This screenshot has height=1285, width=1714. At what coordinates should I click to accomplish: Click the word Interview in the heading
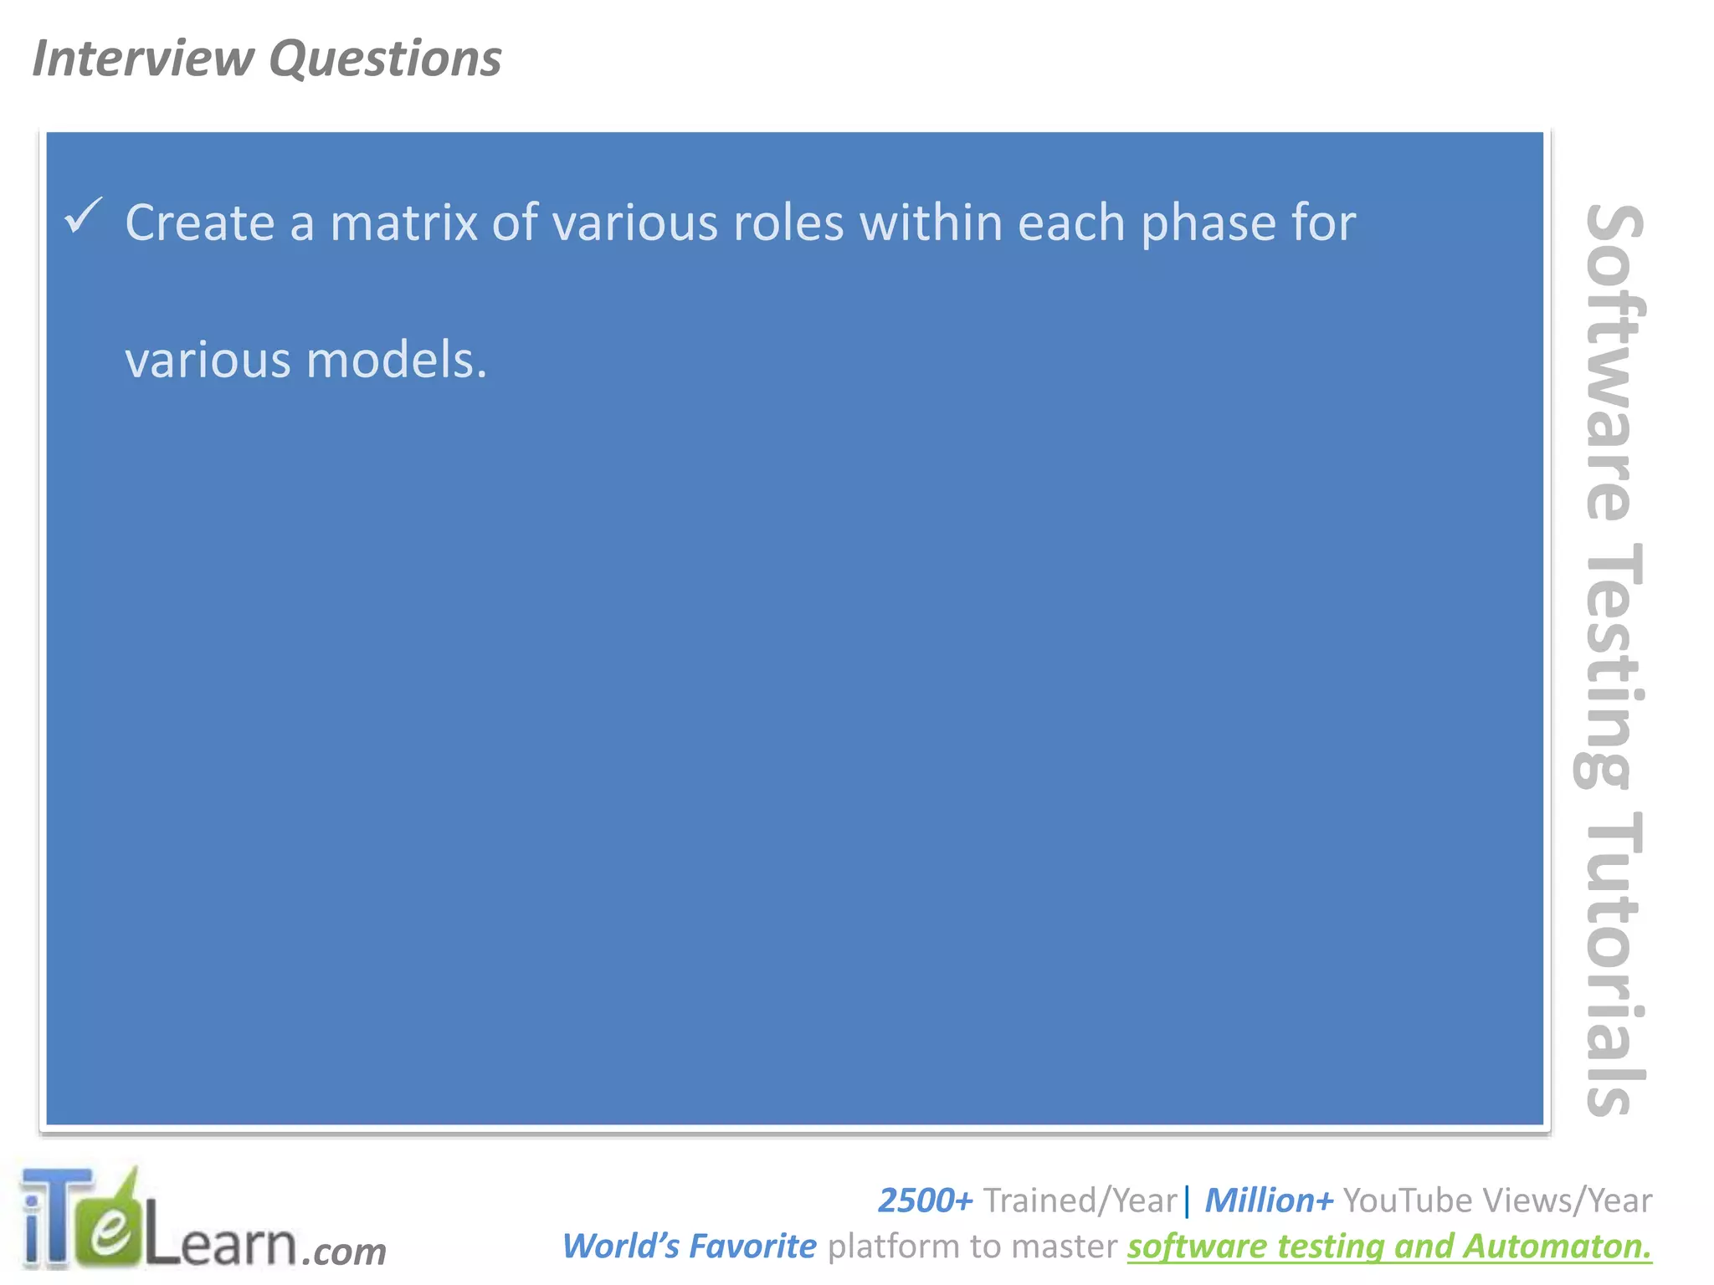(142, 59)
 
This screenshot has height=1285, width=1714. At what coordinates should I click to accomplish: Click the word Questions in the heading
(385, 59)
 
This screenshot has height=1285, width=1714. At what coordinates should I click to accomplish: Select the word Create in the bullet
(200, 223)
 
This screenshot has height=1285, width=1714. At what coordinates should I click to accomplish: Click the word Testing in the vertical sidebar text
(1611, 665)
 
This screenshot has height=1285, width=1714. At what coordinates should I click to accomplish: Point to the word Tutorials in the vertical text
(1611, 962)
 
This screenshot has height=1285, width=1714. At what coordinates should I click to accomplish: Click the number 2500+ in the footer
(925, 1201)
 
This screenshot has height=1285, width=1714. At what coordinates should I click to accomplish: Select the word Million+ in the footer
(1269, 1201)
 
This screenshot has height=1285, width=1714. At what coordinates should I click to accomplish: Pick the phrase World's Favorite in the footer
(689, 1247)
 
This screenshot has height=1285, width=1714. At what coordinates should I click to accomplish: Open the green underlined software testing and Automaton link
(1389, 1247)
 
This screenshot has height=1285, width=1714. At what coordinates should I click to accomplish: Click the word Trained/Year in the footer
(1080, 1201)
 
